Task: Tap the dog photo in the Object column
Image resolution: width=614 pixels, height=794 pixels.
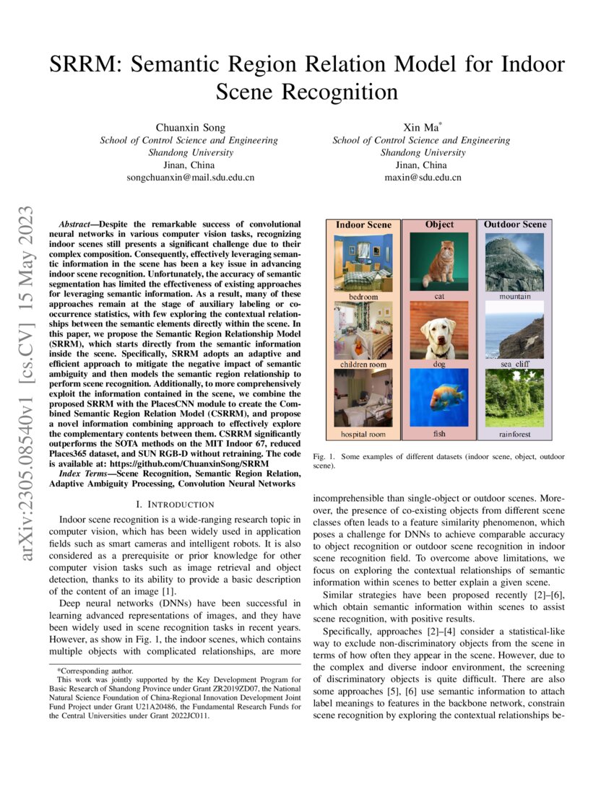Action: click(x=439, y=330)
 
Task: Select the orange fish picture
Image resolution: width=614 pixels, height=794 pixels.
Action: click(x=439, y=398)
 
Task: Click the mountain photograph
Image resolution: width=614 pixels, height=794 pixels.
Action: click(x=515, y=261)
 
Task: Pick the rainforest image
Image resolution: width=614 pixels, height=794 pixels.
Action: click(x=515, y=398)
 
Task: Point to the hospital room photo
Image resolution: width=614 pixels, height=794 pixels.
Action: click(x=363, y=398)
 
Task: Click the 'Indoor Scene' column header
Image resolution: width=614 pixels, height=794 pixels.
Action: click(x=363, y=224)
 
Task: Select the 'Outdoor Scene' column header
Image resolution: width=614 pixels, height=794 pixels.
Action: click(x=515, y=224)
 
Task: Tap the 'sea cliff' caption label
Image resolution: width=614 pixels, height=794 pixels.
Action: click(x=515, y=365)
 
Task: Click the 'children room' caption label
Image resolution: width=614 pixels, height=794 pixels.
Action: click(x=363, y=365)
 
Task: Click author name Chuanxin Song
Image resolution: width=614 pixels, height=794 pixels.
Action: click(x=189, y=127)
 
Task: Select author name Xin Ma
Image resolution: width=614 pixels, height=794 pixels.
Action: click(x=422, y=127)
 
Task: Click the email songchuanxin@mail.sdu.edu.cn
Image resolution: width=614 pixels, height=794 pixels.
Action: click(x=189, y=177)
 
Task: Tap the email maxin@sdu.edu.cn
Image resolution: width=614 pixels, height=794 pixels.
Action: click(x=423, y=177)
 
